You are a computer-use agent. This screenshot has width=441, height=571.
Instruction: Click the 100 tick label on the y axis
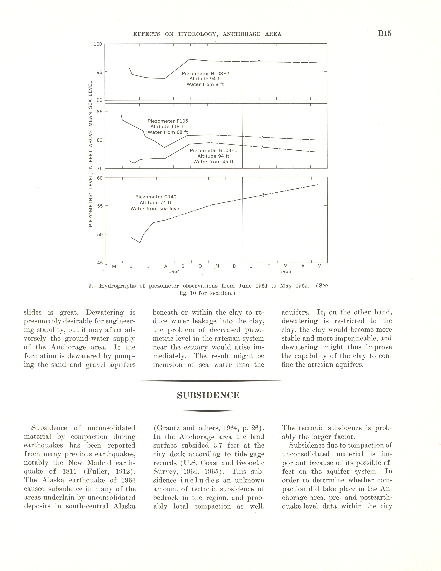(x=98, y=44)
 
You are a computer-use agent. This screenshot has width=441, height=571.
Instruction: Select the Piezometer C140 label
(x=156, y=197)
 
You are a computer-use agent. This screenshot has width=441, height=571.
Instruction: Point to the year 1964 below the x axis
(x=174, y=271)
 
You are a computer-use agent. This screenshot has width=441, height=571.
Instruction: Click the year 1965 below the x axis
(x=285, y=271)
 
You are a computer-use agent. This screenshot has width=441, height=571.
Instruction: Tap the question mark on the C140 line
(x=263, y=195)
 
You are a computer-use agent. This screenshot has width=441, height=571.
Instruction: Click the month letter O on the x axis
(x=200, y=266)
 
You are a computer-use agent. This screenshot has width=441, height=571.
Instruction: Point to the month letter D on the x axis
(x=235, y=266)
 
